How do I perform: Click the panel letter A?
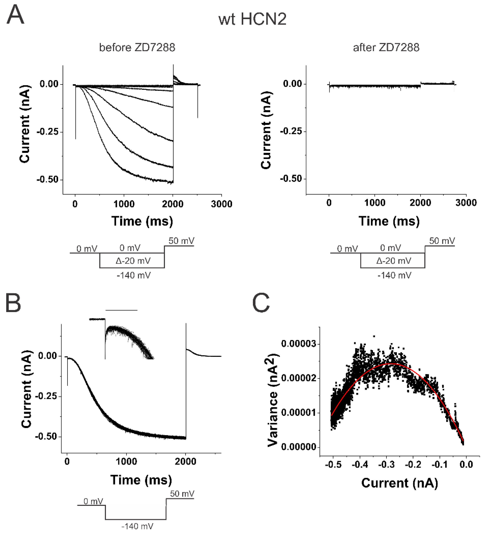coord(15,15)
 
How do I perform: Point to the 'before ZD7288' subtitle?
coord(137,47)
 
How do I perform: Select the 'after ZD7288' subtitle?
coord(386,47)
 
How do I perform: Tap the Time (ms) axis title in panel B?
coord(141,480)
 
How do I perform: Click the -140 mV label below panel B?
coord(137,526)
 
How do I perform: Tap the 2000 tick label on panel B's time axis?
coord(186,462)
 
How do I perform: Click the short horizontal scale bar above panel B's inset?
coord(121,310)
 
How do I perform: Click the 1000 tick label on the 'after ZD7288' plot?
coord(374,203)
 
